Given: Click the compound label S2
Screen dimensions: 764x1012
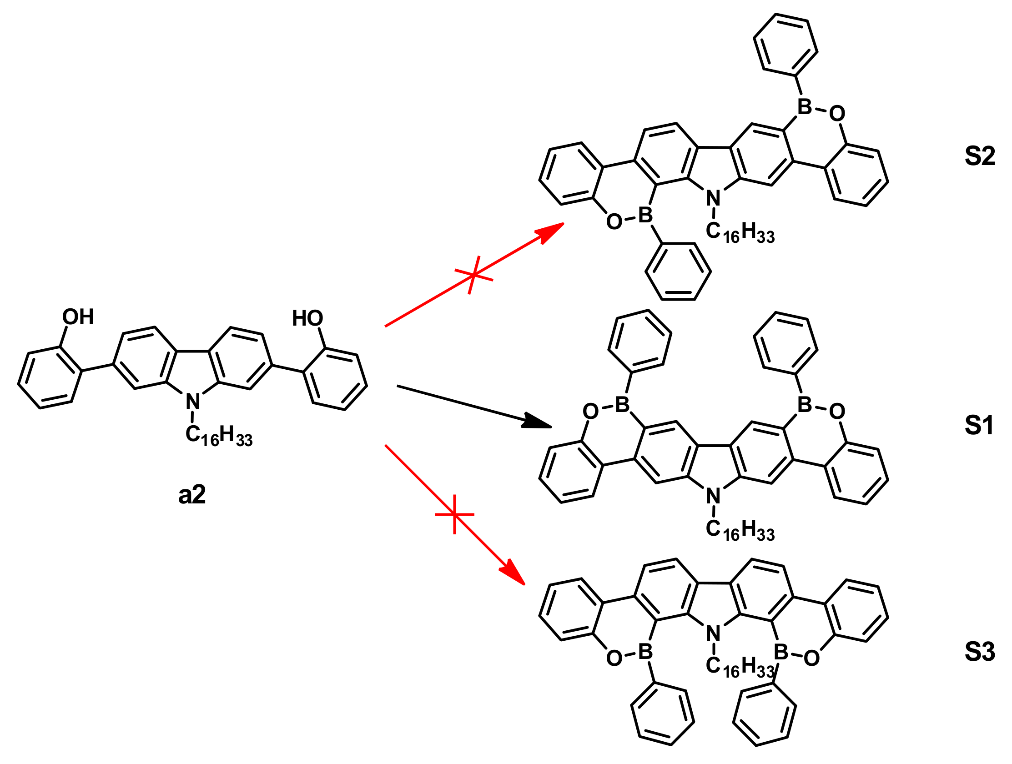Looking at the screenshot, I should tap(980, 156).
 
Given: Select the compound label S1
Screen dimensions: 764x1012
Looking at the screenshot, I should tap(979, 426).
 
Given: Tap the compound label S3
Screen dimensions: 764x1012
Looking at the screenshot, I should tap(980, 652).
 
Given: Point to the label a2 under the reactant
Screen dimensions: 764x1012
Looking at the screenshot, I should tap(191, 495).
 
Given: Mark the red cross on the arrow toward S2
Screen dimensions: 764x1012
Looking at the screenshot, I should tap(473, 275).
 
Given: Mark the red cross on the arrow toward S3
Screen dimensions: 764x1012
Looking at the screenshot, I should tap(454, 514).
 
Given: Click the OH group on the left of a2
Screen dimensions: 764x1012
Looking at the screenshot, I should tap(78, 317).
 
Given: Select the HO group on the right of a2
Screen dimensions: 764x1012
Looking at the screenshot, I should tap(307, 318).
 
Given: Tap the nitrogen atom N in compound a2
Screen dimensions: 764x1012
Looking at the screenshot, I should tap(193, 402).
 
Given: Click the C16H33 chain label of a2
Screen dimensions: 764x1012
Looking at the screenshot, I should tap(219, 435).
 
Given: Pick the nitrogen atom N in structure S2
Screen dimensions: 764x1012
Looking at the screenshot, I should tap(713, 198).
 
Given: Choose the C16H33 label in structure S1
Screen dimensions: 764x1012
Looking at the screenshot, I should tap(740, 530).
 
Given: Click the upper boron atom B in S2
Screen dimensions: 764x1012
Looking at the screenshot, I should tap(804, 106).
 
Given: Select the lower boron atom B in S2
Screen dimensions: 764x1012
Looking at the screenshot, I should tap(645, 215).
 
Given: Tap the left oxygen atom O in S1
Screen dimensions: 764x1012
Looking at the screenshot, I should tap(591, 411).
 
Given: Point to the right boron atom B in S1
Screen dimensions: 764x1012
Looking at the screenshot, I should tap(804, 404).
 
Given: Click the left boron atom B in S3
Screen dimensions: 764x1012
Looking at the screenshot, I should tap(645, 652).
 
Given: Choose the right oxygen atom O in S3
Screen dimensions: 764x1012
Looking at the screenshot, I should tap(811, 658).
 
